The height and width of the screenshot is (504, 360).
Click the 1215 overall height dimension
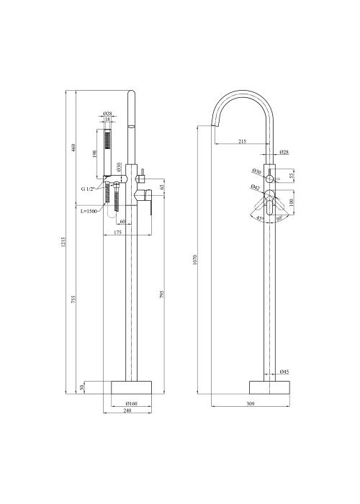[63, 242]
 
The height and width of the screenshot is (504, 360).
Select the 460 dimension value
[73, 148]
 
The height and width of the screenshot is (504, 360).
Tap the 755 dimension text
[73, 299]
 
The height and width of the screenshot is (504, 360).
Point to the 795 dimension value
[162, 294]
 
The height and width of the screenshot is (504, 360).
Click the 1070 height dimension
[195, 259]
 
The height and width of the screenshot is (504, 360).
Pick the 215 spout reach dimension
[243, 141]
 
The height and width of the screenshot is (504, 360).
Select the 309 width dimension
[251, 404]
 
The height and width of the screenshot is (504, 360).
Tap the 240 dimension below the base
[127, 411]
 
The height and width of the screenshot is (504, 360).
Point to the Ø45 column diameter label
[284, 372]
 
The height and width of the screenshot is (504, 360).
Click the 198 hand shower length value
[94, 153]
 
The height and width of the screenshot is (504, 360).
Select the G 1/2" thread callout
[88, 189]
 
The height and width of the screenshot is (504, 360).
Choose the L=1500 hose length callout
[89, 211]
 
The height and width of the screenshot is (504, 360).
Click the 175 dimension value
[117, 233]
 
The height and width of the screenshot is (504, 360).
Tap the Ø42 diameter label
[256, 187]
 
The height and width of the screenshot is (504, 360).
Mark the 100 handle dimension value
[292, 202]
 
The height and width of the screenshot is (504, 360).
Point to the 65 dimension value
[162, 186]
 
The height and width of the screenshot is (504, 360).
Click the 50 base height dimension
[81, 387]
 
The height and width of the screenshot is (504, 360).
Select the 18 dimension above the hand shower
[107, 120]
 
